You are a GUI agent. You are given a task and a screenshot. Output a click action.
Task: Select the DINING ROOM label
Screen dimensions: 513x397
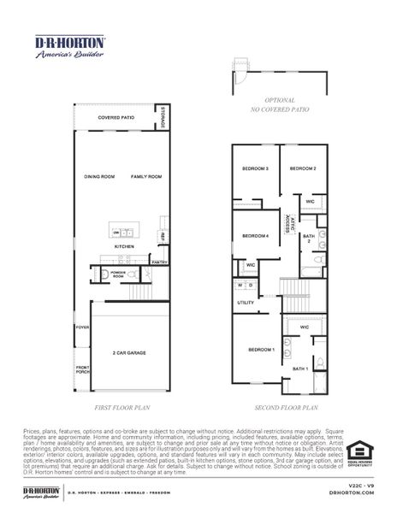[99, 177]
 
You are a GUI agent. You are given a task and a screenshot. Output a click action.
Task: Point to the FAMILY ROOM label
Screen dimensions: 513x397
[145, 177]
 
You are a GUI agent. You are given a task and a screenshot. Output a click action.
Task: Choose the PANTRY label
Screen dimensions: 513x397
[158, 262]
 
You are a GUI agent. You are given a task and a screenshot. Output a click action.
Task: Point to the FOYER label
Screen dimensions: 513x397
[82, 327]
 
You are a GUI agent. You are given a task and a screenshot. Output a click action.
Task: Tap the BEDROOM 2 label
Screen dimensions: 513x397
[304, 168]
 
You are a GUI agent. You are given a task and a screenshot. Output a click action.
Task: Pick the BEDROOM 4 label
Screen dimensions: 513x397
[256, 236]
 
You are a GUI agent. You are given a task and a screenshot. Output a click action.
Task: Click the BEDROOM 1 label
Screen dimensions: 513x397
[261, 350]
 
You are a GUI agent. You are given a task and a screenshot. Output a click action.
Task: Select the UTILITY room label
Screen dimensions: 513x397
[246, 303]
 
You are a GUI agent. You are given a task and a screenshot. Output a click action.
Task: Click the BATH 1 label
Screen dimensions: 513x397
[300, 368]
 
